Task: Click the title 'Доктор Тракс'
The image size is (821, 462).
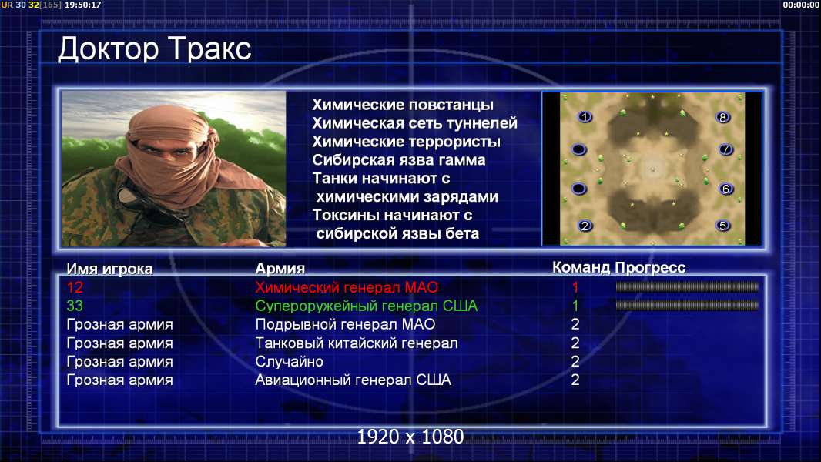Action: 155,49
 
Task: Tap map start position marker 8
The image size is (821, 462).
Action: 722,117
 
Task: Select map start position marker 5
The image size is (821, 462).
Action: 722,226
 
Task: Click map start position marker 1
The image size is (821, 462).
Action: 585,117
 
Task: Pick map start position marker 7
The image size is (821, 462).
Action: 725,149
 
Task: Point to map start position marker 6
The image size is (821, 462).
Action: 725,189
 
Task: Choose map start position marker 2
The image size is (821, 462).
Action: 585,226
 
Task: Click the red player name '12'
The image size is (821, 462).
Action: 75,287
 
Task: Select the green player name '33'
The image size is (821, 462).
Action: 75,306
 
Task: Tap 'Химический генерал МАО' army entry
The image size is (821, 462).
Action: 347,287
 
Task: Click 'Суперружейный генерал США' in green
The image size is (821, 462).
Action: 366,306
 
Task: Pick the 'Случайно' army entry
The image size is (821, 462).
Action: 289,362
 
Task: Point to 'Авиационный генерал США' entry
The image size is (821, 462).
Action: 353,380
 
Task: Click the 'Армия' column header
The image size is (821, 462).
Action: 280,269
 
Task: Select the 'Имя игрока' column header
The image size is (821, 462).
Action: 109,269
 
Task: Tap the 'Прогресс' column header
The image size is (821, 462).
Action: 650,267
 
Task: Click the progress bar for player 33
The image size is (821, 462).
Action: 687,305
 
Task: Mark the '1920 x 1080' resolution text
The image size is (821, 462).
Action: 410,437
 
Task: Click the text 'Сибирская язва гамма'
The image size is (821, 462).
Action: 399,160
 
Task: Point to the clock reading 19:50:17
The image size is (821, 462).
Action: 82,5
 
